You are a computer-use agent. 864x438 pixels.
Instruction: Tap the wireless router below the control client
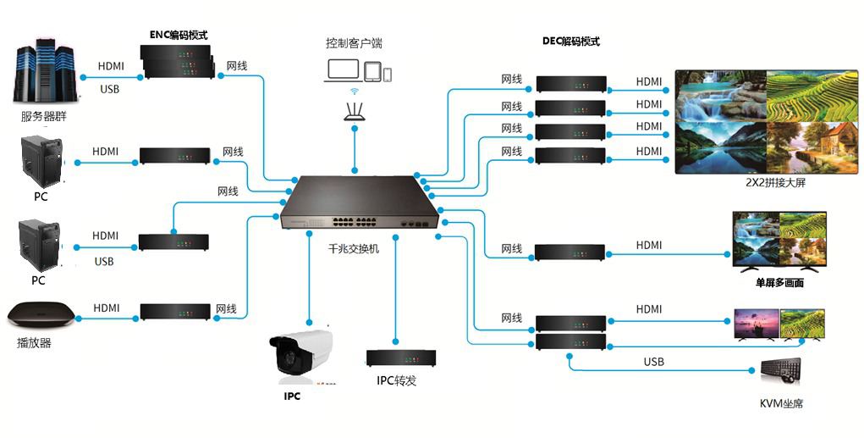click(355, 109)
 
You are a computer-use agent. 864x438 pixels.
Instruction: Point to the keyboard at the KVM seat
click(779, 370)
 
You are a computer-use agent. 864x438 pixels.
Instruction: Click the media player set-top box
click(41, 316)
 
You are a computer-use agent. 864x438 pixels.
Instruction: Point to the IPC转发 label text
click(397, 380)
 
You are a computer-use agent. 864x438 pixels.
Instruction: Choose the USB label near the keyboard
click(653, 362)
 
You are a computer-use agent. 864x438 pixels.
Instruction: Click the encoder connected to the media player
click(173, 311)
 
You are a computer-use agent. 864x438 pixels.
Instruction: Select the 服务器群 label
click(43, 116)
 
